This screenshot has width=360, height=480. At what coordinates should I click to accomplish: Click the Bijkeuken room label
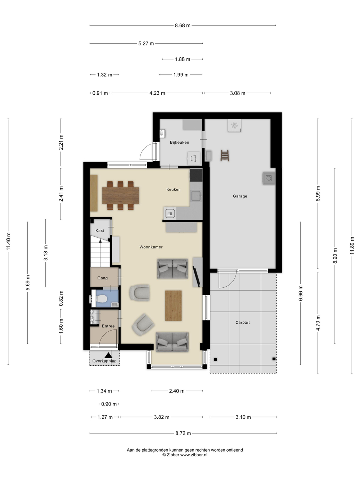click(x=179, y=142)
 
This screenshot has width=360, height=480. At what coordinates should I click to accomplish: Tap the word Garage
click(x=240, y=196)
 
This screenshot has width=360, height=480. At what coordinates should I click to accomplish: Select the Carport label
click(x=242, y=322)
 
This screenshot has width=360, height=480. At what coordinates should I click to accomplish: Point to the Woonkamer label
click(x=151, y=247)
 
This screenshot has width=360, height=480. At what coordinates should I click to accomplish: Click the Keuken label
click(x=173, y=189)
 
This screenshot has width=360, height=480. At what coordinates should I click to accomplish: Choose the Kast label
click(x=100, y=230)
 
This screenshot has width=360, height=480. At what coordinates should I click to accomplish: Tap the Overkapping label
click(x=104, y=361)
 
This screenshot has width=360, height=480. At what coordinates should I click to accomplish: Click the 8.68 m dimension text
click(x=183, y=25)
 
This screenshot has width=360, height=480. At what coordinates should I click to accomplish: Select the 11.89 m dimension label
click(x=352, y=246)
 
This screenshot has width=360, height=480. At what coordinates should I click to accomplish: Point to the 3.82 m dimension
click(x=162, y=417)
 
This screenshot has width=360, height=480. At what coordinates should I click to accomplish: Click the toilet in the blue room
click(x=101, y=299)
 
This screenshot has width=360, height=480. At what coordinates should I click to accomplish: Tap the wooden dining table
click(x=121, y=196)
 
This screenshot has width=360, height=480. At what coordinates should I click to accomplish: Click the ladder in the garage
click(x=225, y=156)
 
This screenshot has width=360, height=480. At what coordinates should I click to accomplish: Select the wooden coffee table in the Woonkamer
click(x=173, y=305)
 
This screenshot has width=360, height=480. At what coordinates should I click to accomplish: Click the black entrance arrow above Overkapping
click(x=108, y=355)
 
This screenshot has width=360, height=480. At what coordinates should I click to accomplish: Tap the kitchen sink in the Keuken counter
click(x=196, y=196)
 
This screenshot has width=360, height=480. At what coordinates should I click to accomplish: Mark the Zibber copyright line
click(x=185, y=455)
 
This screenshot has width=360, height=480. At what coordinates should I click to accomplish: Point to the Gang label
click(x=103, y=278)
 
